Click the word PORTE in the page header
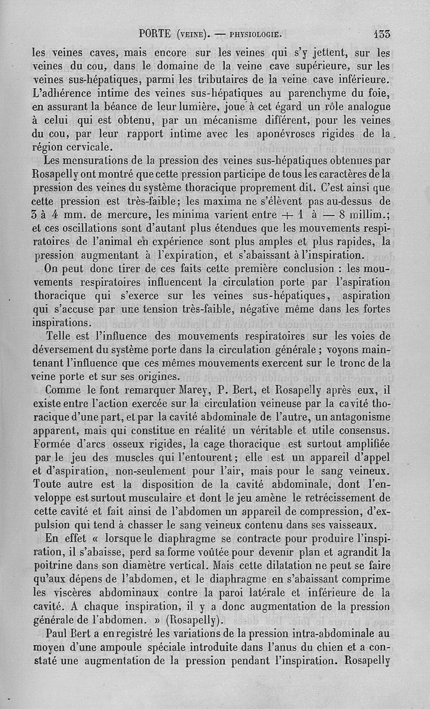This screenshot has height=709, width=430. pyautogui.click(x=155, y=34)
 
